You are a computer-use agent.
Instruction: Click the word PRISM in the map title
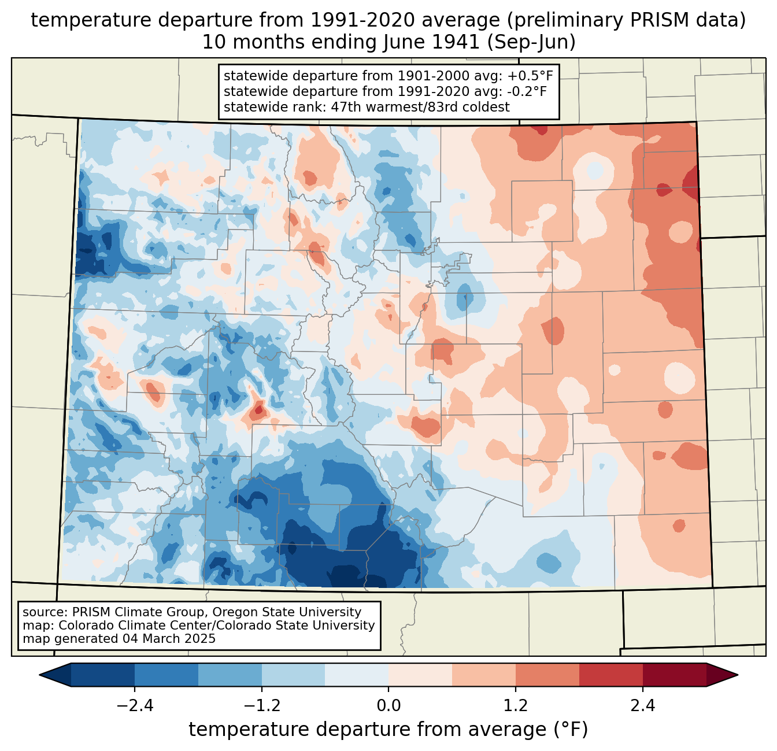654,20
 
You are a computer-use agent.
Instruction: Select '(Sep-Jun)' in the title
531,43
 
